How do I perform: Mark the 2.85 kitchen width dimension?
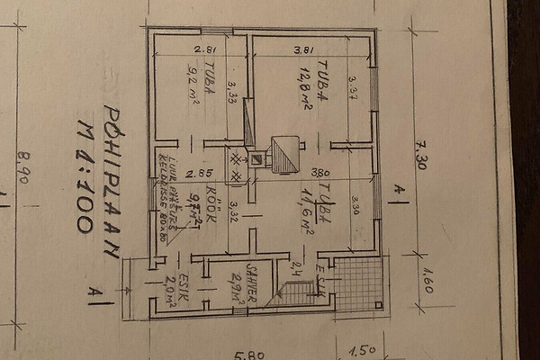coord(199,172)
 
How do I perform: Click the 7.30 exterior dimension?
coord(419,153)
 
